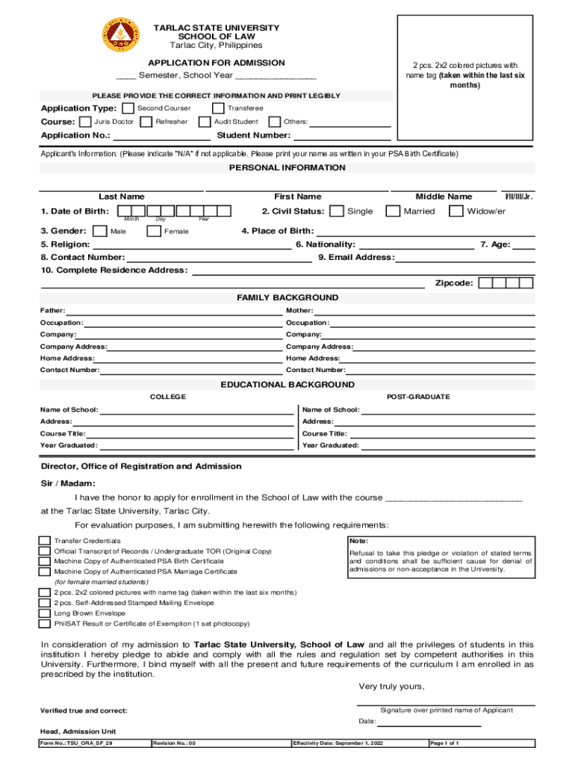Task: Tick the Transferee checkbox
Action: [x=218, y=108]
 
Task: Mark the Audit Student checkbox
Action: [x=204, y=122]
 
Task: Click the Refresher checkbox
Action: [x=146, y=122]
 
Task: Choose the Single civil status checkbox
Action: [x=337, y=211]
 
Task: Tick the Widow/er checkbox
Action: [x=456, y=211]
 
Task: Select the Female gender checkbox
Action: [x=154, y=231]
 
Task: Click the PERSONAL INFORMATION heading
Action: [x=287, y=168]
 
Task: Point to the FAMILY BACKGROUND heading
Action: [x=287, y=298]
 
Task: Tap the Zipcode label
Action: [x=453, y=284]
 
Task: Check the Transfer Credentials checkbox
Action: [x=45, y=541]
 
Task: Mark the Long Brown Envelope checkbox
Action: [x=45, y=613]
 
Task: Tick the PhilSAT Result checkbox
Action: [x=45, y=623]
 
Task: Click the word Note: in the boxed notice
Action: [x=358, y=541]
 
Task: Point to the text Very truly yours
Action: [x=391, y=687]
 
